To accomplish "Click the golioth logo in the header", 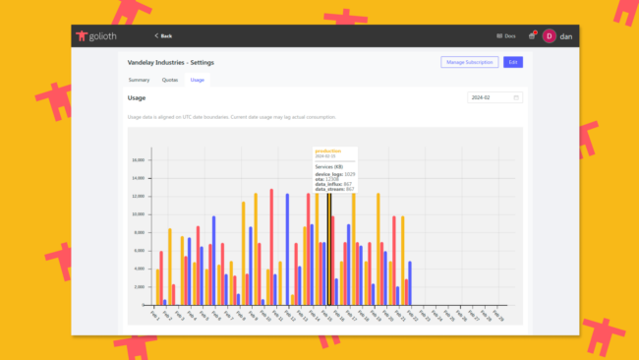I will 99,35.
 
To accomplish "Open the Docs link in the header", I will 508,35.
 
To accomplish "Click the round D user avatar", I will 549,35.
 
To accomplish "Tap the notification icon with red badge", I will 532,35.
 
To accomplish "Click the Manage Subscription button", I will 469,62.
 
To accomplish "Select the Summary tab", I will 139,79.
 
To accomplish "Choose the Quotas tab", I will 170,79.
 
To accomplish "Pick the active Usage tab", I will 198,79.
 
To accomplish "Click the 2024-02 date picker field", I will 495,97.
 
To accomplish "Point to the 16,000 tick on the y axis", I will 139,159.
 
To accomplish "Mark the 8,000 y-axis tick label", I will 141,232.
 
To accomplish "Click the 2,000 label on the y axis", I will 141,286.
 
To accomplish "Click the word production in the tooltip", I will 326,150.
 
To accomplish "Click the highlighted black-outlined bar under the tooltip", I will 329,246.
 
